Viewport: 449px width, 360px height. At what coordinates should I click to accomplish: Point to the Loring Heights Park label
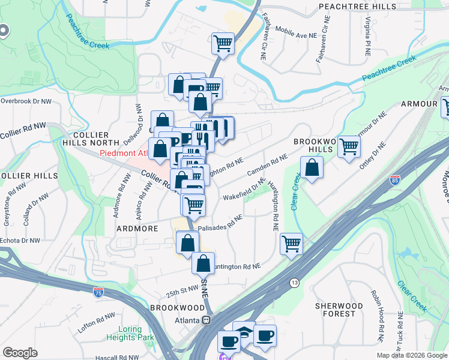coord(130,334)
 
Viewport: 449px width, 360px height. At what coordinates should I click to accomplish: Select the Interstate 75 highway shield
coord(98,292)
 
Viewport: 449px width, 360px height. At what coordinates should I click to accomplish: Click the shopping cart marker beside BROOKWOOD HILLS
coord(349,146)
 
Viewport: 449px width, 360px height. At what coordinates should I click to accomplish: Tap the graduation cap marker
coord(244,332)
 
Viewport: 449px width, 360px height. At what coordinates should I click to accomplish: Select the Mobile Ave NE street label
coord(296,35)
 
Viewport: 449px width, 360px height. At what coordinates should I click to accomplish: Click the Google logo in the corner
coord(20,353)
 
